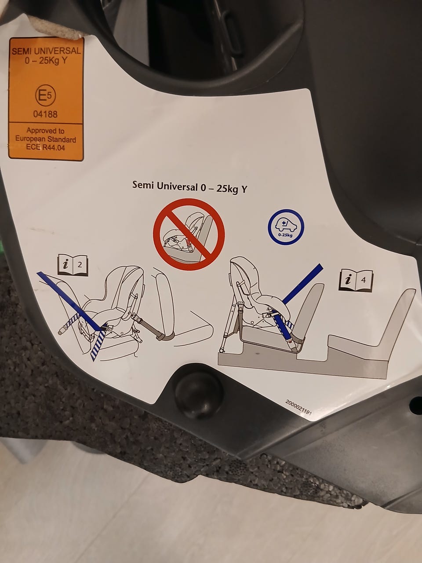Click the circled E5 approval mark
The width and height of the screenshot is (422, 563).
(x=46, y=96)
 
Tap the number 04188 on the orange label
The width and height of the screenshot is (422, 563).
(x=45, y=114)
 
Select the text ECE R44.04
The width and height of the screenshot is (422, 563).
(x=45, y=147)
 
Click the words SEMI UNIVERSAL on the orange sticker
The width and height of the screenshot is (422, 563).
(x=47, y=51)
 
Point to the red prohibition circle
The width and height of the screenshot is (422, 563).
(x=189, y=234)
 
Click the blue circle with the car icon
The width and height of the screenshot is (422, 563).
(x=286, y=227)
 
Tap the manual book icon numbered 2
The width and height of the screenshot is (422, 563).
(x=73, y=265)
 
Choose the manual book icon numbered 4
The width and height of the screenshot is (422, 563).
(x=356, y=280)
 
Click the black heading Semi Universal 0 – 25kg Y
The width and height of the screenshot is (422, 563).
(x=189, y=187)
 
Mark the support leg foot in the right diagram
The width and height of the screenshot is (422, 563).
(x=222, y=350)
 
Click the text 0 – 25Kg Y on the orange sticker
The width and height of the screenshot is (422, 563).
(x=46, y=61)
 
